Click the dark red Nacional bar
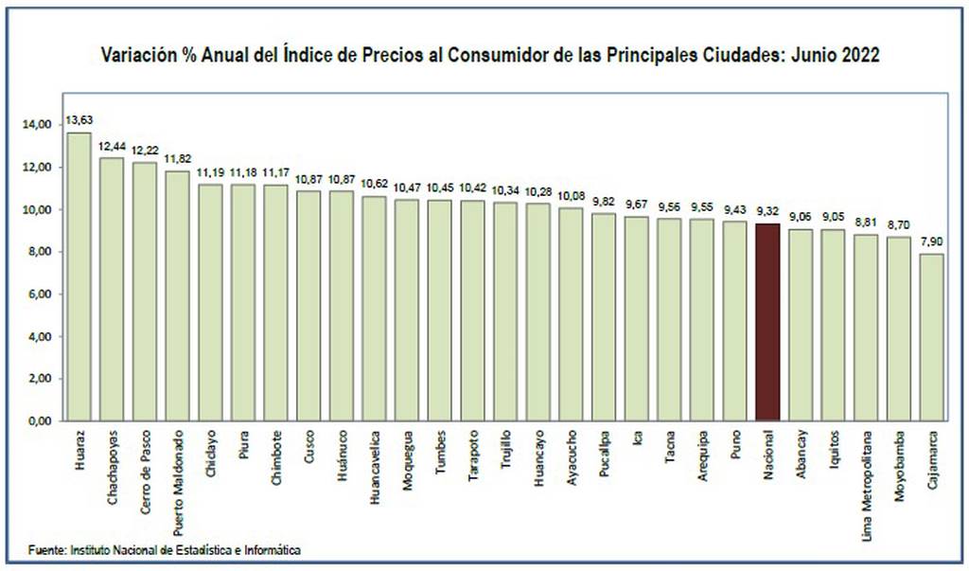(767, 322)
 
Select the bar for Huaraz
(79, 277)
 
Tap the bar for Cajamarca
(931, 337)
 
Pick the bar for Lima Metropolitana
(866, 328)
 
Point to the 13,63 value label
(79, 120)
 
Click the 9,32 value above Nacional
(767, 211)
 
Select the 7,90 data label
(931, 241)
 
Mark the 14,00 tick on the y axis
(38, 125)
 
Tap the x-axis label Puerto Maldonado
(178, 483)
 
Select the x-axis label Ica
(637, 437)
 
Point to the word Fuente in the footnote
(47, 550)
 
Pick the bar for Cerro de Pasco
(145, 292)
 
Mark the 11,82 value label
(178, 159)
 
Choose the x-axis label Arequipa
(702, 455)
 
